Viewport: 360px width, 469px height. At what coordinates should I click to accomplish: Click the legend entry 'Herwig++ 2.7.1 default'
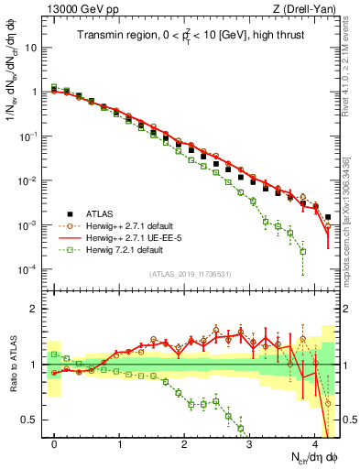click(x=127, y=224)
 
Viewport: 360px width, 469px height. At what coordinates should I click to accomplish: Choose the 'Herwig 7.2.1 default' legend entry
click(x=123, y=248)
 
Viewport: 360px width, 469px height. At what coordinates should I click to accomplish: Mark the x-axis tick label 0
click(x=55, y=443)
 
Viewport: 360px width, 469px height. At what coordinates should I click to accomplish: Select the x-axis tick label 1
click(x=120, y=443)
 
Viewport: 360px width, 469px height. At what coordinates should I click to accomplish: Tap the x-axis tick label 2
click(x=185, y=443)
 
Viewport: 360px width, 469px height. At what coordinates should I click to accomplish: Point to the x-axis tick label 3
click(x=250, y=443)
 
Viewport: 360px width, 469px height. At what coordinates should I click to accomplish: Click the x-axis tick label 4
click(x=315, y=443)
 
